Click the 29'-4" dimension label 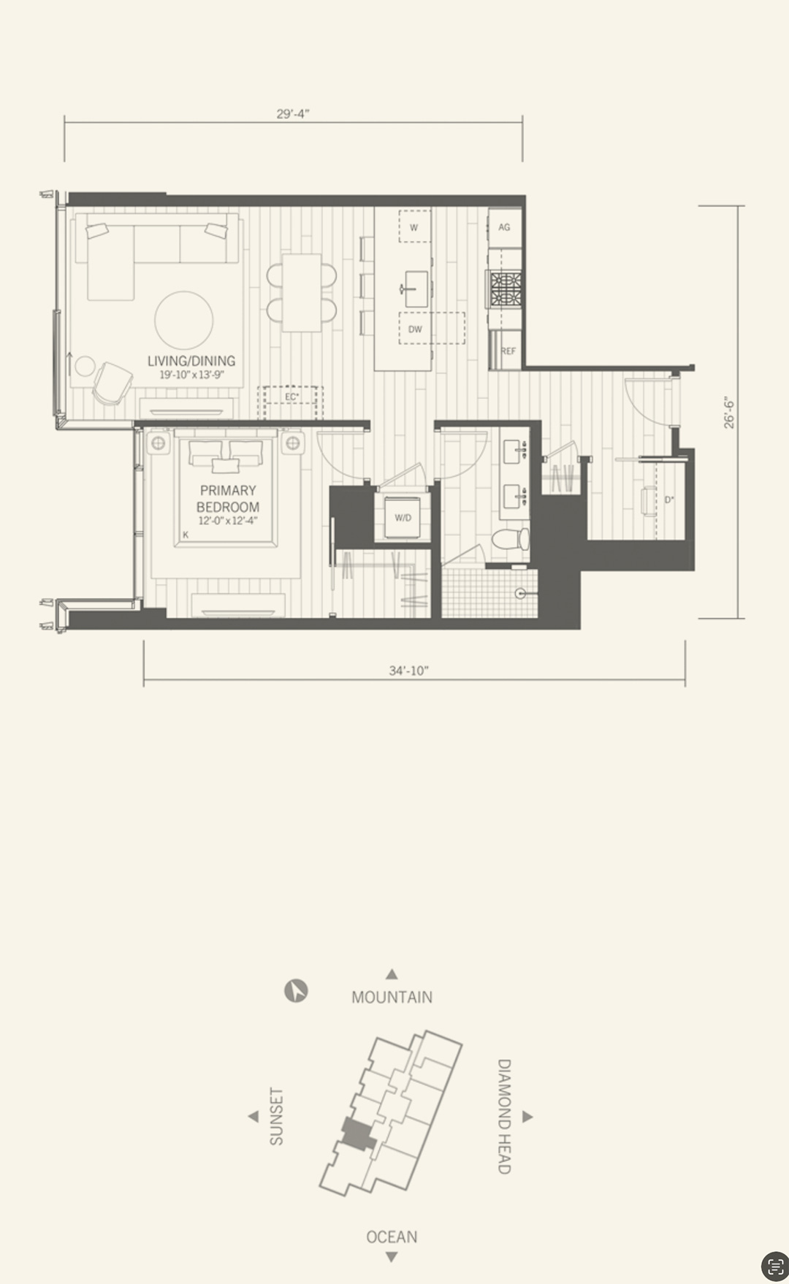coord(293,113)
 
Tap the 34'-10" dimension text coord(408,670)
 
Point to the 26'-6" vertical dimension coord(728,413)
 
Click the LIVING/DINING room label coord(191,361)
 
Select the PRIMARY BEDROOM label coord(228,499)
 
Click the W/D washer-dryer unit coord(403,518)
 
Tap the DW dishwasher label coord(415,329)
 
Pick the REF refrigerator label coord(508,351)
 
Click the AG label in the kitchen coord(504,227)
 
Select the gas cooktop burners coord(505,288)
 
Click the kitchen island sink coord(415,288)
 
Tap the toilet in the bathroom coord(510,539)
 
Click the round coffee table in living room coord(184,321)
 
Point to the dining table coord(302,292)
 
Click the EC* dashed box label coord(292,397)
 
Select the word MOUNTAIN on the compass coord(392,997)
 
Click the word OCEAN coord(392,1237)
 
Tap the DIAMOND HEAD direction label coord(504,1116)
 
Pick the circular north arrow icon coord(296,991)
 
